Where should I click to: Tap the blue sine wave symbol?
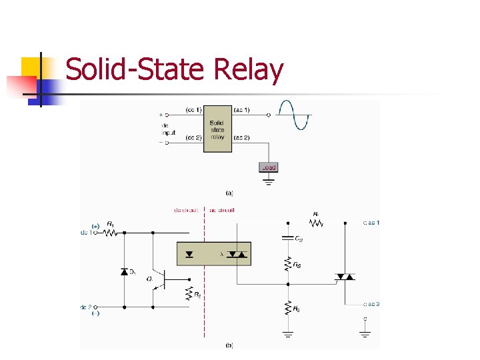coord(294,115)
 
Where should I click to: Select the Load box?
coord(268,167)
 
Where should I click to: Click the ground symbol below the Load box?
coord(268,180)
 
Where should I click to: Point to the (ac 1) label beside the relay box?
coord(242,109)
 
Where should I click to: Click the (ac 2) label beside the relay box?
coord(242,137)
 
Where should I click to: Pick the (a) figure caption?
coord(230,193)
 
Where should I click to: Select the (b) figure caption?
coord(230,345)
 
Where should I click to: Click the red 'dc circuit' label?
coord(186,210)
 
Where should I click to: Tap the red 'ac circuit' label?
coord(222,210)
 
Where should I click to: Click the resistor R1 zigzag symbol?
coord(111,233)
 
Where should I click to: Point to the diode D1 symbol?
coord(125,271)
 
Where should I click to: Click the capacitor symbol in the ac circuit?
coord(288,237)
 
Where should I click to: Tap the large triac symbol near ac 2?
coord(344,276)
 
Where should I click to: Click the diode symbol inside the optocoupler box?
coord(191,254)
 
